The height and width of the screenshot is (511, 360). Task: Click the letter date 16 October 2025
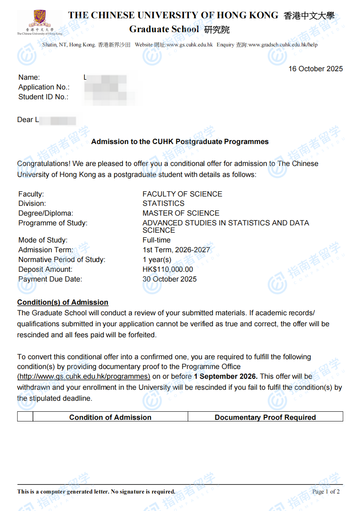(316, 69)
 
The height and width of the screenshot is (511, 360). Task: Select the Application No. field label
(44, 87)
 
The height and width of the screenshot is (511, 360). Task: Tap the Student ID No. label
(43, 97)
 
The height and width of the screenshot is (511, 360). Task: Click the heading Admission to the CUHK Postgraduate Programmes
(180, 142)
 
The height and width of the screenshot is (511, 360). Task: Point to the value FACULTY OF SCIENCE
(182, 194)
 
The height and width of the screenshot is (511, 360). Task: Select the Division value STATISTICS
(163, 203)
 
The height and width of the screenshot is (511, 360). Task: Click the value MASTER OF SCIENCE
(181, 213)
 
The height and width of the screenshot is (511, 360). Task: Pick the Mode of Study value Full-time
(156, 240)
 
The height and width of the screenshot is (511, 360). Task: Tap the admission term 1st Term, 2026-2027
(176, 250)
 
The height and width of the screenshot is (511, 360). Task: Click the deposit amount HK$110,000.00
(168, 269)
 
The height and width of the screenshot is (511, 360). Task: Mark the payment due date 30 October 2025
(169, 279)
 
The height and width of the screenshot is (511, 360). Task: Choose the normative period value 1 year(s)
(157, 260)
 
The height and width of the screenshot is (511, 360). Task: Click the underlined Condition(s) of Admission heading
(63, 302)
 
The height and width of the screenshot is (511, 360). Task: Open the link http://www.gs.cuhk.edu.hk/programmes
(83, 376)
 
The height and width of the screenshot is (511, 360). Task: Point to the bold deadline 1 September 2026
(226, 376)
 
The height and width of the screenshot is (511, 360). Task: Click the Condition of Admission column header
(110, 417)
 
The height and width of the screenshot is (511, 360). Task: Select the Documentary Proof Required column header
(265, 417)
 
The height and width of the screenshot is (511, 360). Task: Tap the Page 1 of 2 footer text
(326, 491)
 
